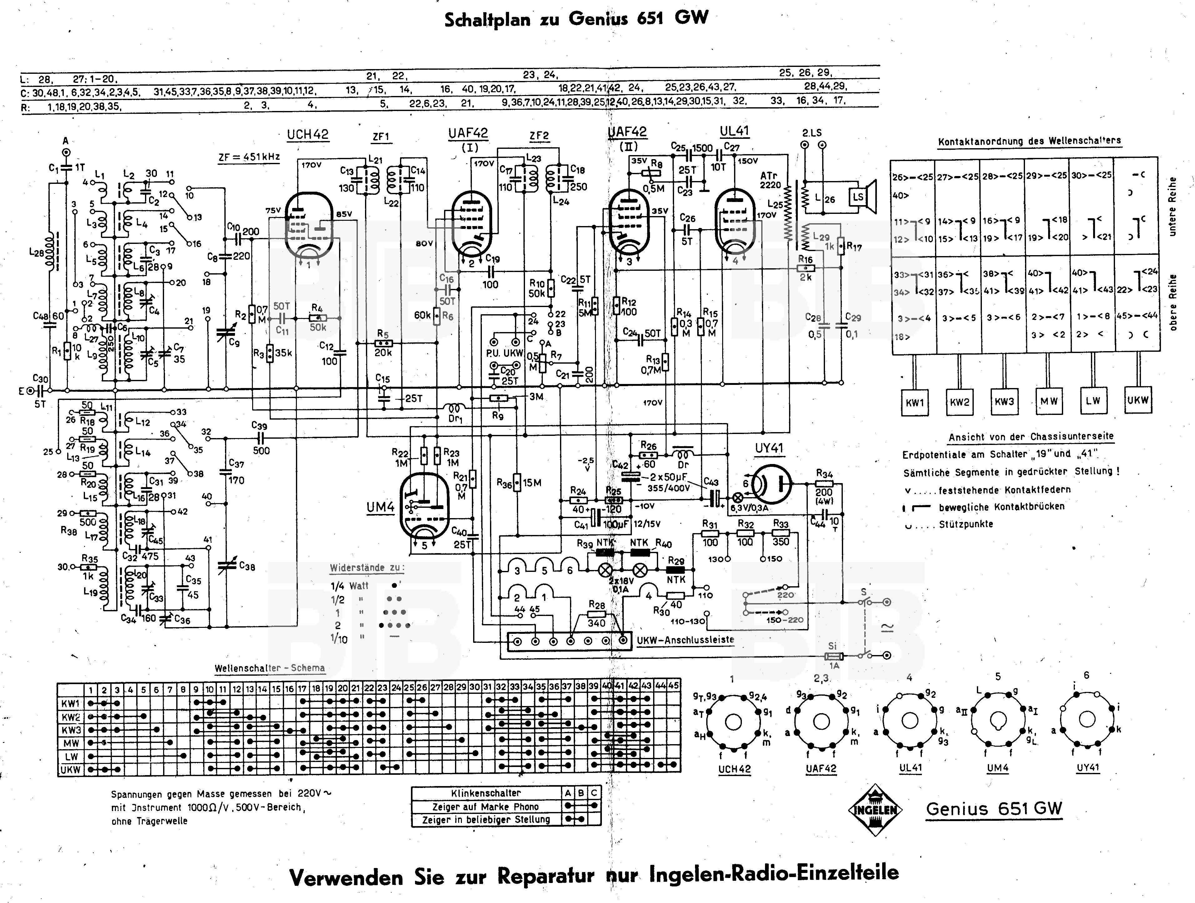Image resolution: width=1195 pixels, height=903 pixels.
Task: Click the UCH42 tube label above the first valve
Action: [307, 134]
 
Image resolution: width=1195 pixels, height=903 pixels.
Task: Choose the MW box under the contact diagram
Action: [1049, 401]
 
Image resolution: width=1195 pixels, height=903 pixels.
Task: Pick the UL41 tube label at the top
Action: [734, 131]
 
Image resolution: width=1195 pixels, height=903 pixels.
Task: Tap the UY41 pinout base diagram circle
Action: [1087, 719]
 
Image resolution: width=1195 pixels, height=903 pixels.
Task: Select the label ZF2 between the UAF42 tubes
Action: [539, 136]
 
